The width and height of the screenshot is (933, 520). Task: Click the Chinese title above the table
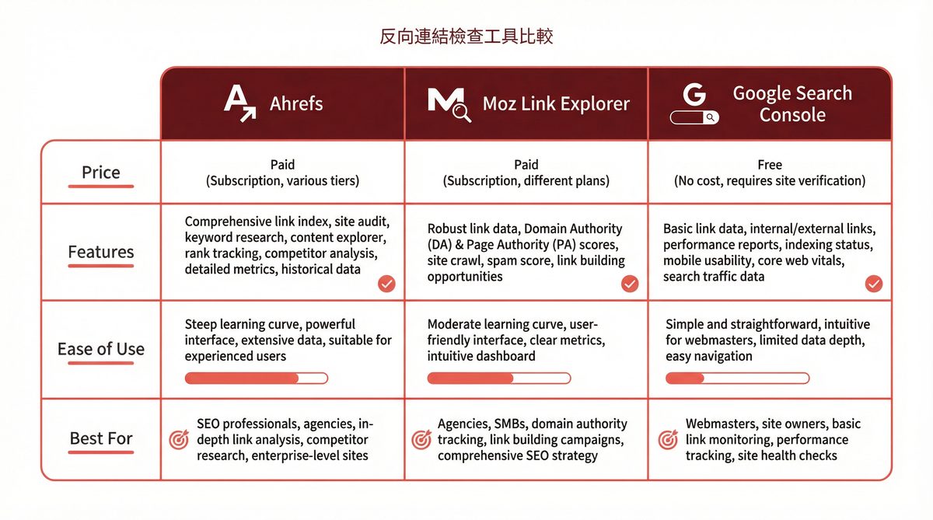click(x=466, y=37)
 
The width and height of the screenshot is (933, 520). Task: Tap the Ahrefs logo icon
click(x=239, y=103)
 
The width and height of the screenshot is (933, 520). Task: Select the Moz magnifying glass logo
click(x=449, y=104)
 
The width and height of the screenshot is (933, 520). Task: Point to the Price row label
click(x=101, y=173)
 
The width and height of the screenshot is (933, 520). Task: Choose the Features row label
click(x=101, y=252)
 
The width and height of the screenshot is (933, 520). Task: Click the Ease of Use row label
click(x=101, y=349)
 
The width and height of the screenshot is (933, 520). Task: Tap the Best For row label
click(x=101, y=438)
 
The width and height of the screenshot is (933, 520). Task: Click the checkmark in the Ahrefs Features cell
click(x=386, y=284)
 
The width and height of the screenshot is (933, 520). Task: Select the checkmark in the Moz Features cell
click(x=630, y=284)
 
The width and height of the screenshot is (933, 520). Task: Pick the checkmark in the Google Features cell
click(x=874, y=284)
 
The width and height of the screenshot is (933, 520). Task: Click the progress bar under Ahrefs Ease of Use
click(x=256, y=379)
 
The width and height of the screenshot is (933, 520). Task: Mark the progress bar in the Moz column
click(x=498, y=379)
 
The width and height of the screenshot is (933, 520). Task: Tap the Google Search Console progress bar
click(x=737, y=379)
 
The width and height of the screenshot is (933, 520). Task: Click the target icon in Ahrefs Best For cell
click(x=178, y=440)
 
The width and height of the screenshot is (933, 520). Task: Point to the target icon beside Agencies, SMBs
click(x=421, y=440)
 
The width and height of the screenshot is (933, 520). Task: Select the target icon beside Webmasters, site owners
click(x=668, y=440)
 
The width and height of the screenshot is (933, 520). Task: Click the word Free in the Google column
click(x=769, y=165)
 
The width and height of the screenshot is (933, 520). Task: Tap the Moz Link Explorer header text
click(x=556, y=104)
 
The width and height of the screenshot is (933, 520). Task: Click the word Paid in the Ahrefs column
click(x=282, y=165)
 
